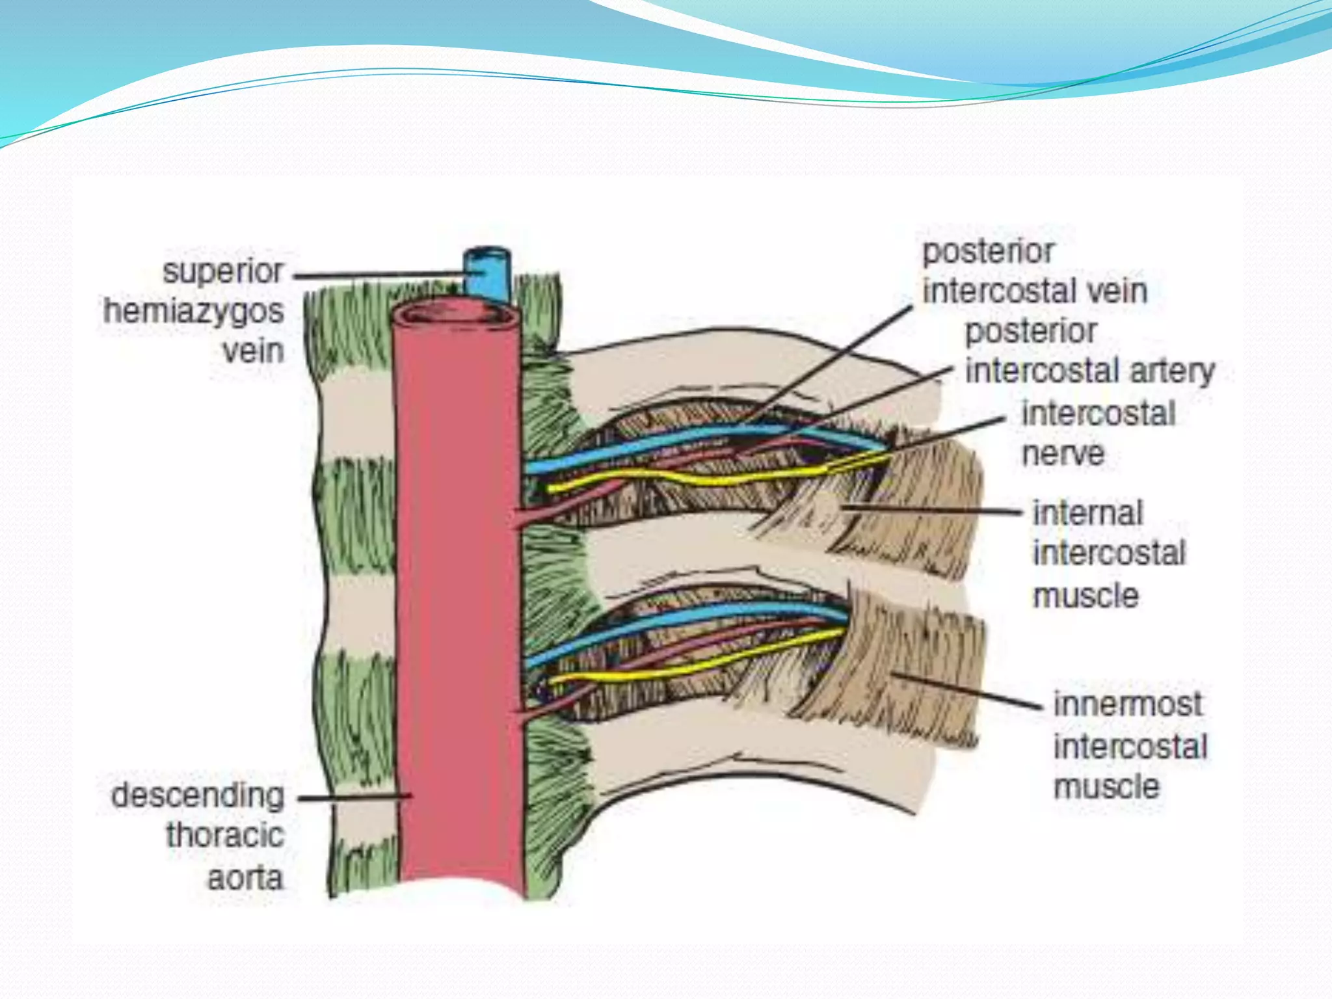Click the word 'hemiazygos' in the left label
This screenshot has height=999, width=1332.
[194, 312]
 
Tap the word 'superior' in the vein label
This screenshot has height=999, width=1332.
[222, 271]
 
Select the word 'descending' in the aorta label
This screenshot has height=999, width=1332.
[198, 796]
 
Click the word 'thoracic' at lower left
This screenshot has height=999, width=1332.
[225, 836]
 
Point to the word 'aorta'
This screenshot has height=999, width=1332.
[245, 879]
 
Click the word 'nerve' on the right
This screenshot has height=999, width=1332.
[1063, 454]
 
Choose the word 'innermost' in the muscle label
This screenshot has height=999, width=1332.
[1128, 704]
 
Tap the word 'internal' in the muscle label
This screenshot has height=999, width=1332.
[1088, 514]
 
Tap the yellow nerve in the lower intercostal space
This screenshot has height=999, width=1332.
[683, 671]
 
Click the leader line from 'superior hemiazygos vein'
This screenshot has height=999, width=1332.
[377, 275]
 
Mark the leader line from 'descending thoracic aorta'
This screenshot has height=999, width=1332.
[354, 796]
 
